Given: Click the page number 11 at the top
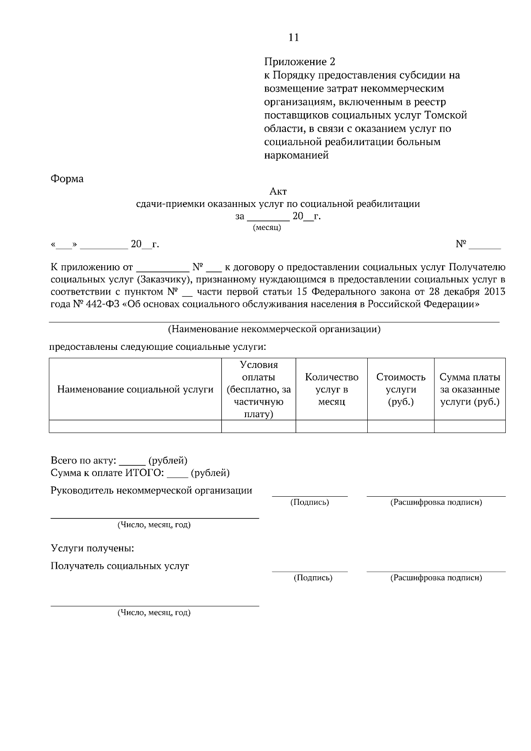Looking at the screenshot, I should pos(293,38).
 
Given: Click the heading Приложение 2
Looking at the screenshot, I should pos(300,61).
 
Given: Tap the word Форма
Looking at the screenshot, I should pos(67,179).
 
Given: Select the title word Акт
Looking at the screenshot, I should pos(278,192).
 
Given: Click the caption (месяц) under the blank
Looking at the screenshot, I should pos(267,228).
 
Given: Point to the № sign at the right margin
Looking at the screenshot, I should pos(461,244).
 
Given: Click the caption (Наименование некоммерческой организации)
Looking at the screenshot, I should pos(274,330).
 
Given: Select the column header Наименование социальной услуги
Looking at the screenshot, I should pos(135,390).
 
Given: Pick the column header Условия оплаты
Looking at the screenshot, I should pos(259,389).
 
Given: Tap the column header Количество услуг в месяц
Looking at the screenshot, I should pos(331,390).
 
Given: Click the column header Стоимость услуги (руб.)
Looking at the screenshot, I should pos(401,390).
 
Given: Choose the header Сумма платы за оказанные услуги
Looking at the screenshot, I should pos(469,390).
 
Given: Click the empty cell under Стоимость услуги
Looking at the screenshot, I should pos(401,426).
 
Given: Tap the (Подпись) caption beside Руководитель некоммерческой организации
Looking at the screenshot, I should pos(309,502).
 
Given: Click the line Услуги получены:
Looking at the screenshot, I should pos(92,549).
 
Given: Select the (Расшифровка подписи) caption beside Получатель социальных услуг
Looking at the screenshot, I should pos(436,578).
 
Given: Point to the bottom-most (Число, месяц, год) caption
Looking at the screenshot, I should pos(154,613).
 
